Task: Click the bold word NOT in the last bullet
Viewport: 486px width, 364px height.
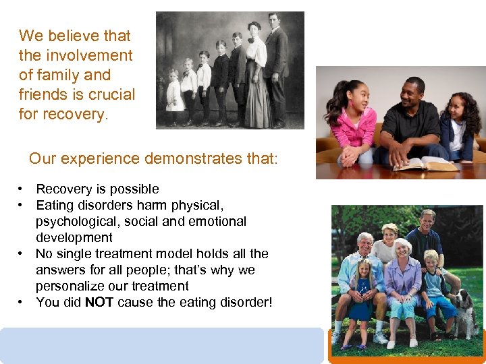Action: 99,303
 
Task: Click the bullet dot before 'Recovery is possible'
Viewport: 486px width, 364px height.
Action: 22,189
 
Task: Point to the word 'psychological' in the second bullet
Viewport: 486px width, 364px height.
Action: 76,222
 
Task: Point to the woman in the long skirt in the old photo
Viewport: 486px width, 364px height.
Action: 256,78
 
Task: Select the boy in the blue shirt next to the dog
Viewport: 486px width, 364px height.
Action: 432,290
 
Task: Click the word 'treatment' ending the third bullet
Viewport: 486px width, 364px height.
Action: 160,286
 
